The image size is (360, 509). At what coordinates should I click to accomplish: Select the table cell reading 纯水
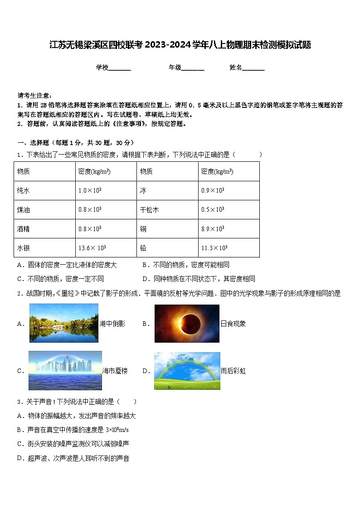[23, 191]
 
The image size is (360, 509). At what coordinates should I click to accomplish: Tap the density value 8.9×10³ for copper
[213, 229]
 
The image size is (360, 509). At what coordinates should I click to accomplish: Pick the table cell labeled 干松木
[149, 210]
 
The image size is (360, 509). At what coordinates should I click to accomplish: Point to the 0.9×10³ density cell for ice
[213, 191]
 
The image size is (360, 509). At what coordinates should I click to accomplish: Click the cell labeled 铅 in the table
[144, 248]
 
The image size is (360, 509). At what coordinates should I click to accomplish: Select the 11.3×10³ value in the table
[214, 248]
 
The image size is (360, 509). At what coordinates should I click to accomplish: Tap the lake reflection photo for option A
[64, 323]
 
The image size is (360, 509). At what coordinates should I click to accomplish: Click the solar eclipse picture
[187, 324]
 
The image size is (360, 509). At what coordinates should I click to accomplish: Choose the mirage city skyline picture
[65, 370]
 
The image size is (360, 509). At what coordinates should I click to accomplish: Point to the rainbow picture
[187, 371]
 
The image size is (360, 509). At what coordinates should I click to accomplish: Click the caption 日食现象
[233, 324]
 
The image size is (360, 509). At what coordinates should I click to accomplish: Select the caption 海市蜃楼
[115, 371]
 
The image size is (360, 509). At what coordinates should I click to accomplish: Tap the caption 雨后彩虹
[233, 371]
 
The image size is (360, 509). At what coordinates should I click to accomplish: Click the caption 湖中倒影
[112, 324]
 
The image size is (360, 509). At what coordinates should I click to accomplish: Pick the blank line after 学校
[120, 68]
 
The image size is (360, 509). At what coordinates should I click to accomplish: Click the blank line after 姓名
[253, 68]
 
